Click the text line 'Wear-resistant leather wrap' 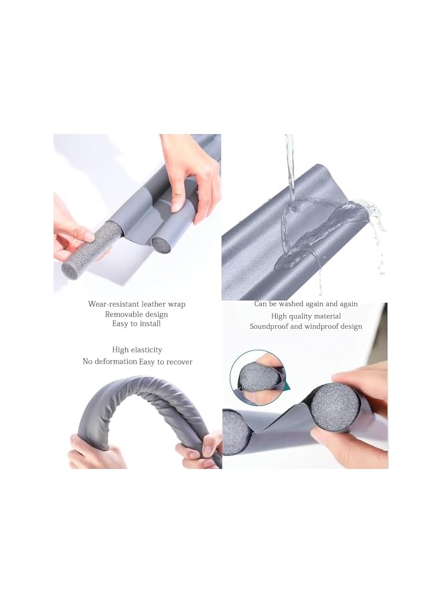click(x=137, y=304)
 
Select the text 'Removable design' click(x=137, y=314)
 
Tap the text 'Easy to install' click(x=137, y=324)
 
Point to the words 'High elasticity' click(x=137, y=350)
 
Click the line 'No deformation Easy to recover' click(x=137, y=362)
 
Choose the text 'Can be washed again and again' click(x=305, y=304)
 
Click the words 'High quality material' click(x=305, y=316)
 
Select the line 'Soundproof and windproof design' click(x=305, y=327)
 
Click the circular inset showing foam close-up click(x=257, y=375)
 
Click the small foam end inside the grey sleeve click(x=161, y=244)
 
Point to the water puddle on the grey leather click(x=315, y=234)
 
